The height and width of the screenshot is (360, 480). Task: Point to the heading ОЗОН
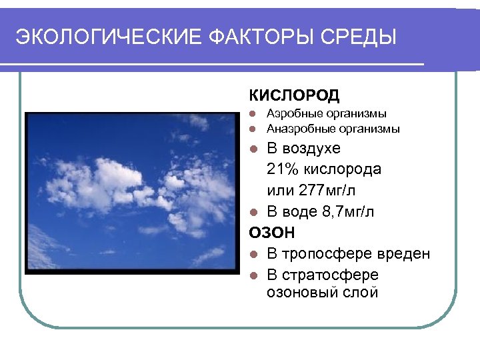pyautogui.click(x=271, y=233)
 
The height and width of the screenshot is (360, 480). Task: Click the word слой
pyautogui.click(x=361, y=292)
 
